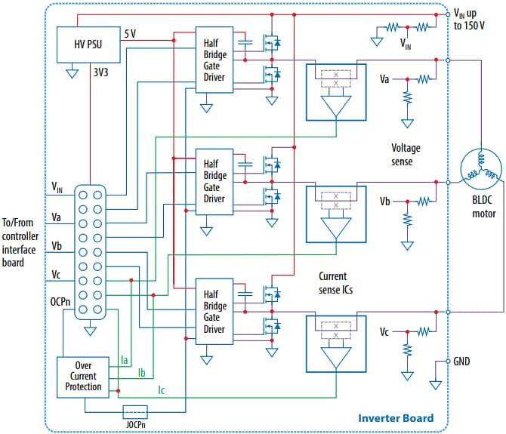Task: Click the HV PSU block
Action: pyautogui.click(x=89, y=45)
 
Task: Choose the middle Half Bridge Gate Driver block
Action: pyautogui.click(x=215, y=182)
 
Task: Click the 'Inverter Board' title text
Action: pyautogui.click(x=396, y=417)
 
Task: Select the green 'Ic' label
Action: pyautogui.click(x=161, y=390)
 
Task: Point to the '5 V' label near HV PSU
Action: pyautogui.click(x=131, y=32)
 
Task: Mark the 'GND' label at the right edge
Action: pyautogui.click(x=462, y=361)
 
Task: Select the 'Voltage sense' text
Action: pyautogui.click(x=408, y=153)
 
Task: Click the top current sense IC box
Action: pyautogui.click(x=335, y=91)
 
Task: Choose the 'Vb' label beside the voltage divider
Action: pyautogui.click(x=384, y=202)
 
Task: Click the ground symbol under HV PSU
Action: pyautogui.click(x=73, y=74)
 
